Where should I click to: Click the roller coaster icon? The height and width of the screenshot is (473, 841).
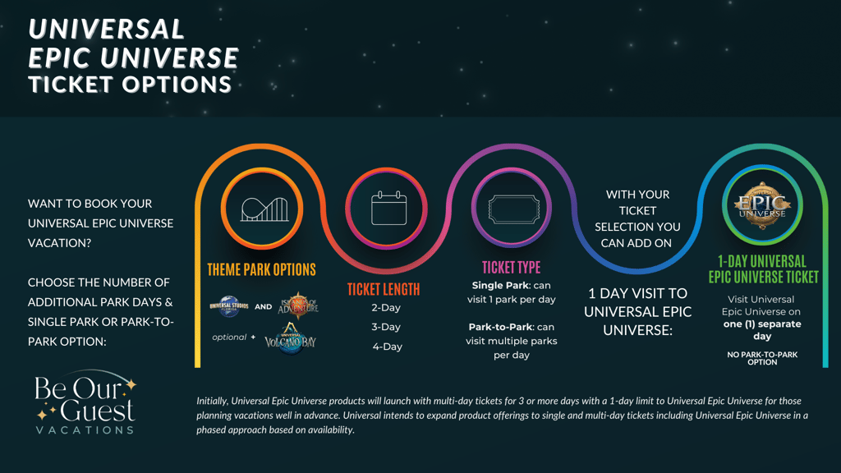coord(264,209)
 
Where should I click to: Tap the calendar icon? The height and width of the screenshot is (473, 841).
coord(388,208)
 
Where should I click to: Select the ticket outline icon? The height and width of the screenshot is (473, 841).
coord(513,209)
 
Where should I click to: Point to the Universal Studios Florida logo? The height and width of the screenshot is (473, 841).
coord(229,306)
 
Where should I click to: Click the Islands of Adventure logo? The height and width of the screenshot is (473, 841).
coord(298,305)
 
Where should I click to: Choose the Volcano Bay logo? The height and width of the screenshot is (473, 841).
coord(290,338)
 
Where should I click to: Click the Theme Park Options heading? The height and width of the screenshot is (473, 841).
coord(262,269)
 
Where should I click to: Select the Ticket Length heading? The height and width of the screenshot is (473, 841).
coord(384,290)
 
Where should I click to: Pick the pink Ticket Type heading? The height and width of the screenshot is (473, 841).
coord(511,267)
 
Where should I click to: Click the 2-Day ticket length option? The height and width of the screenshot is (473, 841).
coord(386,308)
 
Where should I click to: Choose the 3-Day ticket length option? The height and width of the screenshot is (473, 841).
coord(386,327)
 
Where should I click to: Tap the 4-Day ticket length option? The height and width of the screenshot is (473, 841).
coord(388,347)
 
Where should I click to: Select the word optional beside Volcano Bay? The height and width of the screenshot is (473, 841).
coord(229,338)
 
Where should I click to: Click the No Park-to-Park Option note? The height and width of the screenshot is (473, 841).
coord(762,358)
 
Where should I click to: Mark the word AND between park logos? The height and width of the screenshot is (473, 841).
coord(264,307)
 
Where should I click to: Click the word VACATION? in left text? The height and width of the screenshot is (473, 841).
coord(59,243)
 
